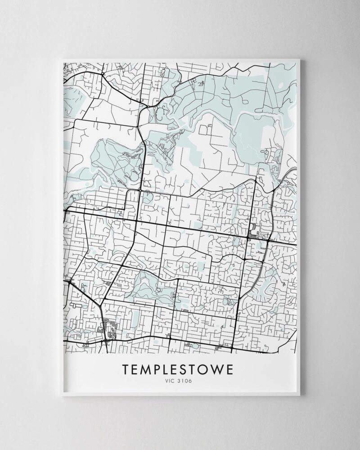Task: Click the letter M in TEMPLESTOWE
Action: pos(147,369)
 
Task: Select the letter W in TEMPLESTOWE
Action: pos(221,369)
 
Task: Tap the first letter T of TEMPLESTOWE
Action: pos(126,369)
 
